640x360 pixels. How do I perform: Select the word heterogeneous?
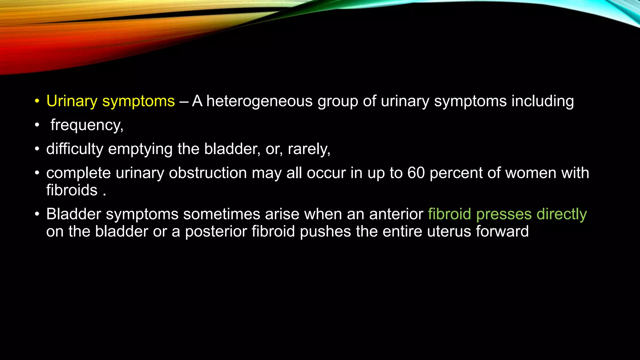(x=259, y=101)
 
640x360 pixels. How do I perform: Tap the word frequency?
(x=87, y=125)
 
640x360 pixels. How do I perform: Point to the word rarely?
(x=309, y=149)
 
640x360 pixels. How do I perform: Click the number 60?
(x=416, y=173)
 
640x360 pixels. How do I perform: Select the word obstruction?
(x=208, y=173)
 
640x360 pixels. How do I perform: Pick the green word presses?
(x=504, y=214)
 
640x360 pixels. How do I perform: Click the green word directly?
(x=562, y=214)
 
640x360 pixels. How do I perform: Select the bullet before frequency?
(x=37, y=125)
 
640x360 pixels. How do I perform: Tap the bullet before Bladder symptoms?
(x=37, y=214)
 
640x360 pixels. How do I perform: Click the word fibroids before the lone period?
(x=72, y=190)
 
